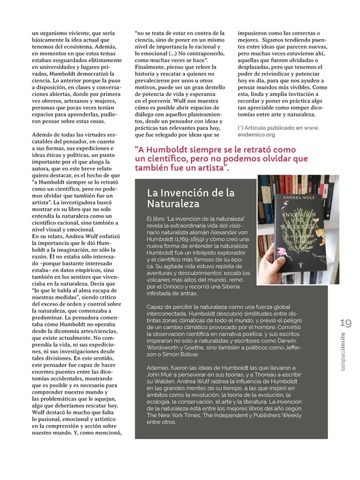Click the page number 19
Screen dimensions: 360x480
point(347,323)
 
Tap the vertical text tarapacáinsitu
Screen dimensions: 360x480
point(347,364)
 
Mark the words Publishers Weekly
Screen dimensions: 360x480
point(275,415)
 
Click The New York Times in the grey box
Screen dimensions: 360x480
point(174,415)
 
